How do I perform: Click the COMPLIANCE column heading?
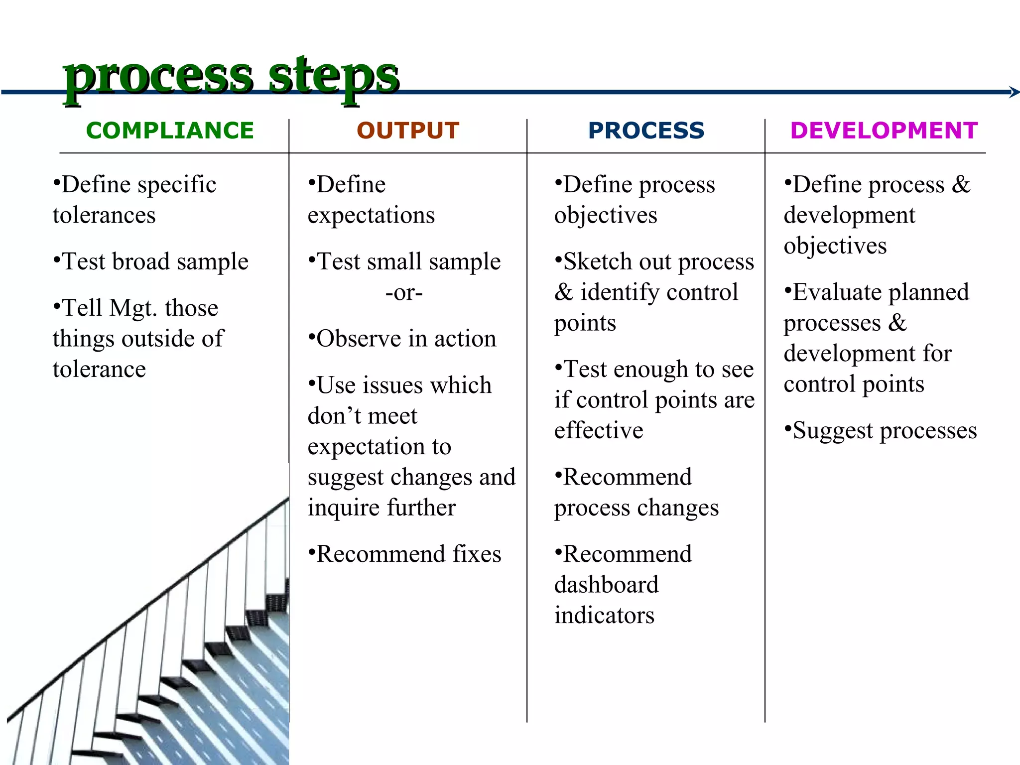click(170, 130)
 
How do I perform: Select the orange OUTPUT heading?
click(408, 130)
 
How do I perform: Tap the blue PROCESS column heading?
click(646, 130)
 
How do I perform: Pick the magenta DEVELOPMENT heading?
click(884, 130)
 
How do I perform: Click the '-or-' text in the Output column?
click(404, 292)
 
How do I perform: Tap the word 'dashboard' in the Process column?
click(606, 585)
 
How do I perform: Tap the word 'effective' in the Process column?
click(599, 431)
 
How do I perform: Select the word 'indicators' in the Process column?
click(604, 616)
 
